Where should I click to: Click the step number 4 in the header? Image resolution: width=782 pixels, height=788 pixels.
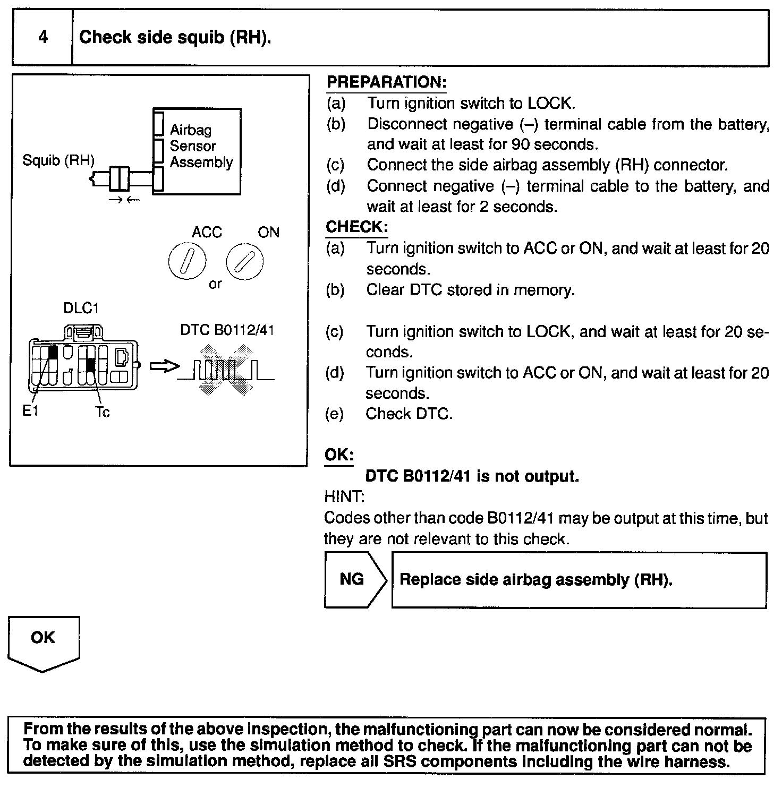(x=42, y=37)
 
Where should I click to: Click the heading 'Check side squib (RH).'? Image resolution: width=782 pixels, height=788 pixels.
(x=175, y=38)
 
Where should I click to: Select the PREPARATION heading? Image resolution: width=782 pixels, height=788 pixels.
(x=386, y=82)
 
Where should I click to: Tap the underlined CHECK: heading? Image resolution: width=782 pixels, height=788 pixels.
(x=356, y=227)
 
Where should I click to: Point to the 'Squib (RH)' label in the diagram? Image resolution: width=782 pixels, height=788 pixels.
(x=58, y=160)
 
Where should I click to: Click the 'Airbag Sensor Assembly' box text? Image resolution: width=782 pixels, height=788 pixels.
(x=201, y=146)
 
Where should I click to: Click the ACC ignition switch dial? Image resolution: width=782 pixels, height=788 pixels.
(x=187, y=262)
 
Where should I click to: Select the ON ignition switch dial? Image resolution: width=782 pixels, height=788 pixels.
(x=244, y=262)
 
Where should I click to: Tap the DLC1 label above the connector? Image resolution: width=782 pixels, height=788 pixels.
(x=81, y=308)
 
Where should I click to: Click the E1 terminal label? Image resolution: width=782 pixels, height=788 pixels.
(x=30, y=410)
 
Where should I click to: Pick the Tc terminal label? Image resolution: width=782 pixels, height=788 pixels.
(x=103, y=412)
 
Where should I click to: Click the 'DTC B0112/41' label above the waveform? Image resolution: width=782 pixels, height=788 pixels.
(x=227, y=330)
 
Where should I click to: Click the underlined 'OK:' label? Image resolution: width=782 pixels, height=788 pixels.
(x=339, y=455)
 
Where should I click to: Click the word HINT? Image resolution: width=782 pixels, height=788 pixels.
(x=344, y=497)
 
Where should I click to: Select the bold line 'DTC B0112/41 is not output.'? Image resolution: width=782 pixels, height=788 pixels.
(x=472, y=476)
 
